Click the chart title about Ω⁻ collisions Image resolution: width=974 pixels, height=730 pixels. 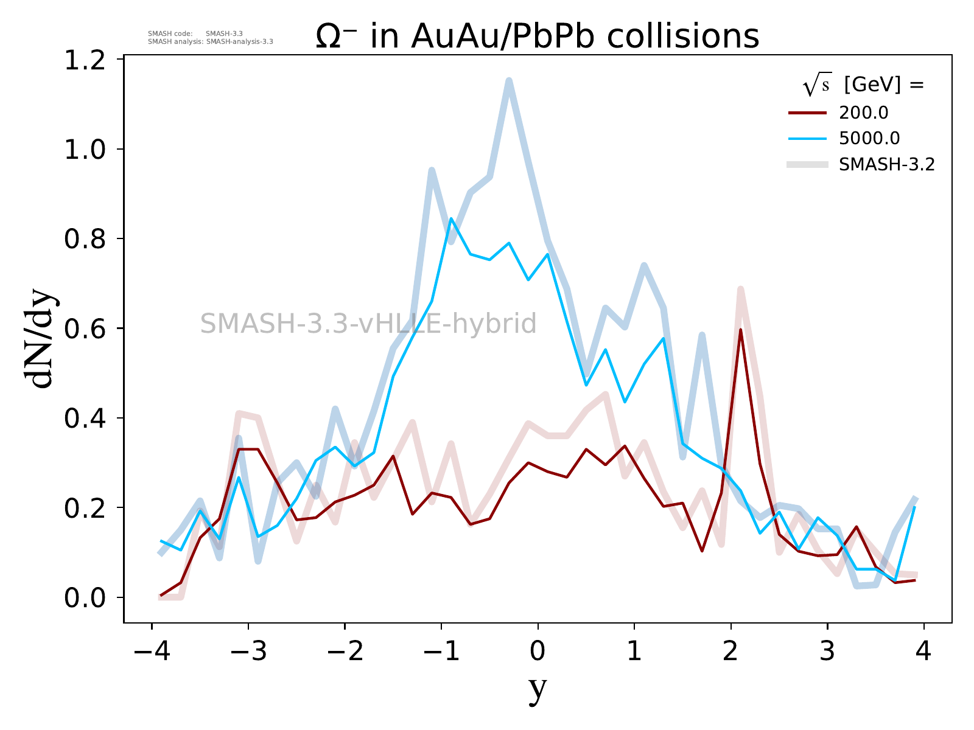coord(538,36)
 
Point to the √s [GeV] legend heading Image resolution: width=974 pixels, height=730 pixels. coord(863,86)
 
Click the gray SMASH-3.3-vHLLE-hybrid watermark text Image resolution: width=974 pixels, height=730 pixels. coord(368,324)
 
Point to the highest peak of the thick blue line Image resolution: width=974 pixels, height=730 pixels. coord(509,80)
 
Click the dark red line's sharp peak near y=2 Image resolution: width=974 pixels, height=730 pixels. coord(740,330)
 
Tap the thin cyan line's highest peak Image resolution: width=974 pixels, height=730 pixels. coord(451,218)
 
